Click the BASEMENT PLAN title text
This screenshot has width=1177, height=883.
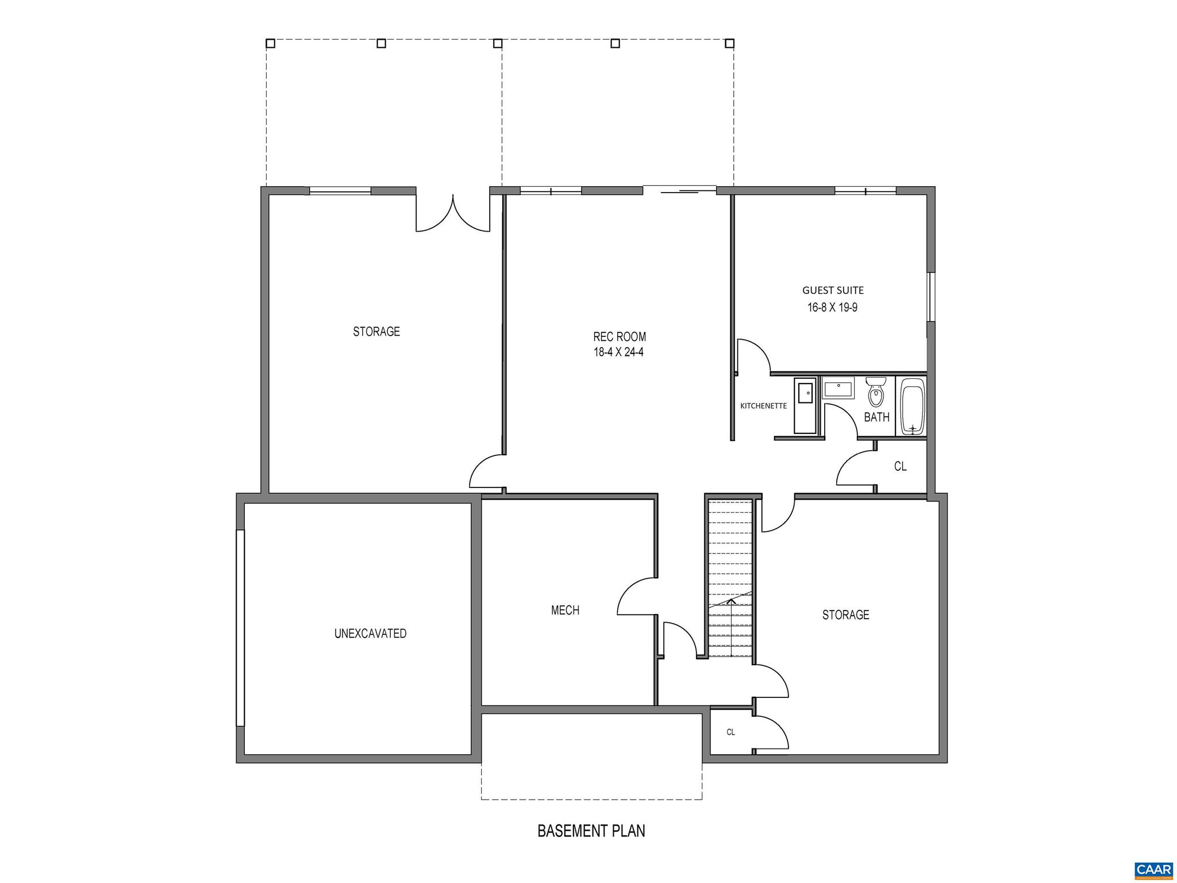tap(591, 831)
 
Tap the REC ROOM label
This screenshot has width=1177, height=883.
tap(619, 337)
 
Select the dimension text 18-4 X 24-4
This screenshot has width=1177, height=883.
tap(618, 352)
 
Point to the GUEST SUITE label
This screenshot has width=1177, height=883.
tap(833, 290)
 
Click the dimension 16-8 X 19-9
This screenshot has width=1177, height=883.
tap(832, 308)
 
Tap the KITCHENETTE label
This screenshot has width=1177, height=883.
tap(763, 406)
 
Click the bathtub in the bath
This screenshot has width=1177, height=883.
tap(912, 406)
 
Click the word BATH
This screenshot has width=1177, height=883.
tap(876, 417)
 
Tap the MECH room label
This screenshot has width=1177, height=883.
tap(565, 611)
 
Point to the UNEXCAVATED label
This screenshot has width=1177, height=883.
tap(370, 634)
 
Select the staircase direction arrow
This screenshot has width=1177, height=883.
tap(730, 601)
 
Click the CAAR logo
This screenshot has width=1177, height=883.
tap(1153, 869)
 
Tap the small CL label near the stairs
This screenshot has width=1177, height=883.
tap(730, 732)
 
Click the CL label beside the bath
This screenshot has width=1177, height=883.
tap(900, 467)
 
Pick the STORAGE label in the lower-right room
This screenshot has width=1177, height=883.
tap(845, 615)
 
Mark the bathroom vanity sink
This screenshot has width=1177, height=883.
tap(838, 387)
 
